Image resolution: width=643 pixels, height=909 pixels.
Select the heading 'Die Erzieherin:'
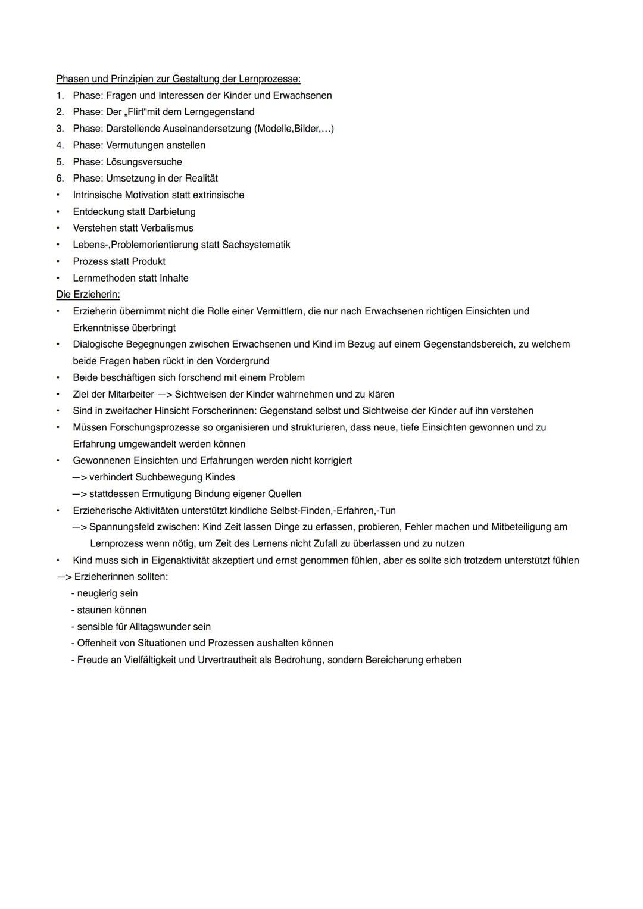point(88,294)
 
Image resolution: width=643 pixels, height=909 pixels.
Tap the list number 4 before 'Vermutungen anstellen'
point(60,145)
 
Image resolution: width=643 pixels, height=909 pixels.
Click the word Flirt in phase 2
point(137,112)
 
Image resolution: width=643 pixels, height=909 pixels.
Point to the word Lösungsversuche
point(144,162)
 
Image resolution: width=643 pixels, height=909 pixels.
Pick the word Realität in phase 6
point(201,178)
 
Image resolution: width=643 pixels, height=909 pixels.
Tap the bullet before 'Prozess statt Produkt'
point(58,261)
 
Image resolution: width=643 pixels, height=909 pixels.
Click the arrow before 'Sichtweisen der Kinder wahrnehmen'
point(164,394)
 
